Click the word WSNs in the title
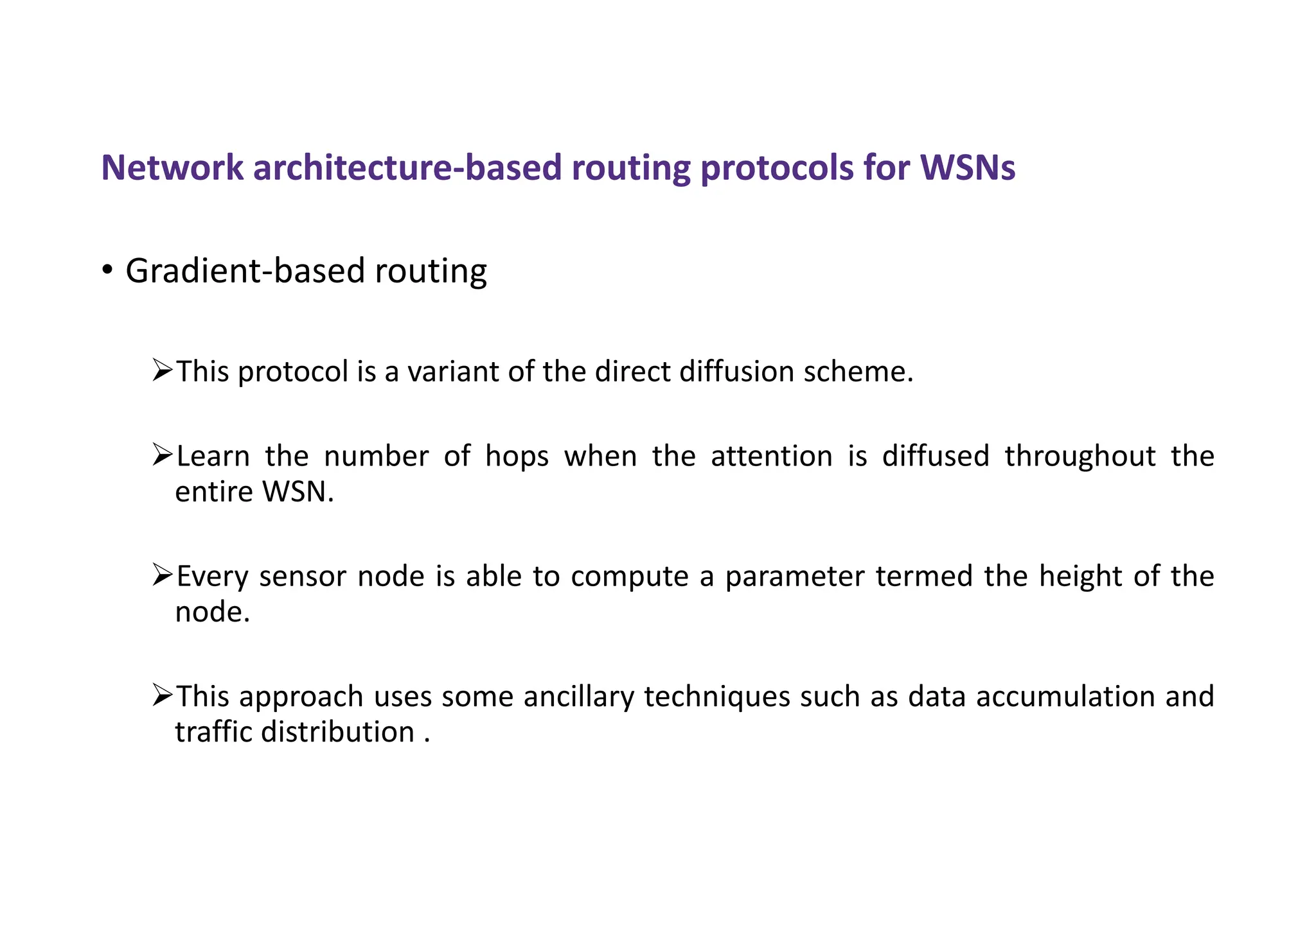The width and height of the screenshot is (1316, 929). [x=968, y=168]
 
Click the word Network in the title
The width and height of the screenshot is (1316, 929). [x=172, y=168]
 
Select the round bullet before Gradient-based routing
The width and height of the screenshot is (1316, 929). [x=107, y=270]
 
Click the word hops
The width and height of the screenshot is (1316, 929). [x=517, y=456]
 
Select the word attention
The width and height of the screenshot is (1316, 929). [x=771, y=456]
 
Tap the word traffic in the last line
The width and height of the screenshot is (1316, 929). [x=213, y=733]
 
